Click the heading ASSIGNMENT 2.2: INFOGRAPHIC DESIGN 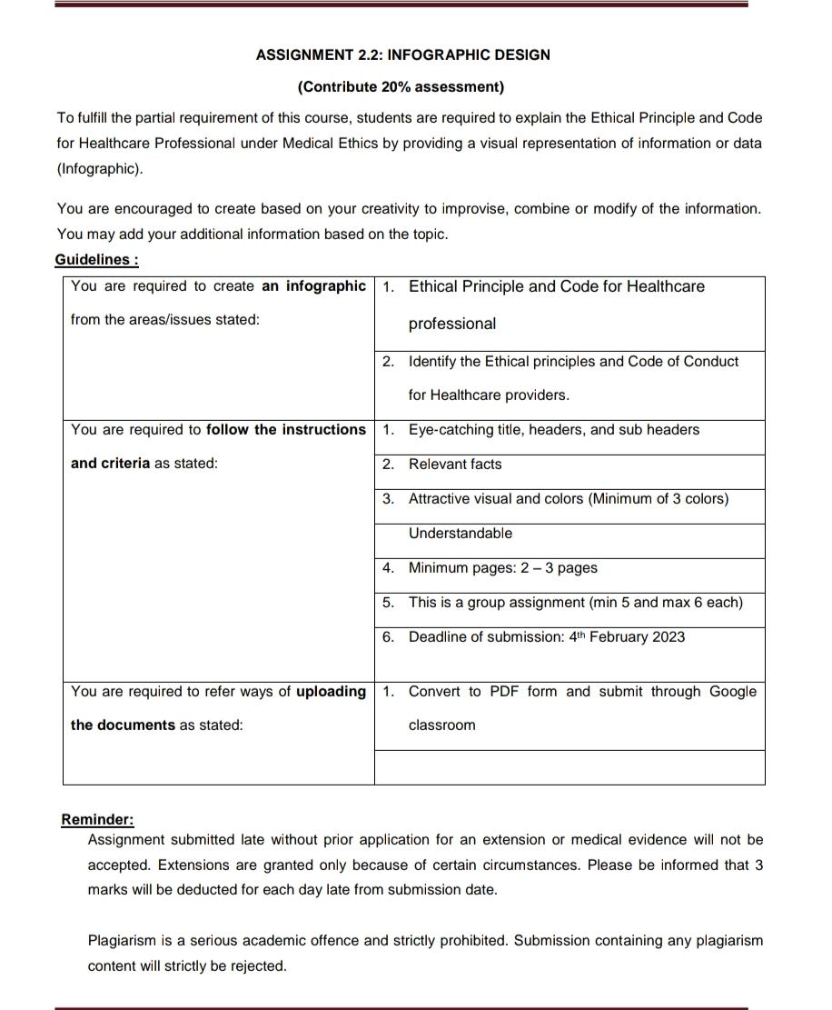pos(402,55)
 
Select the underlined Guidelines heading pos(96,260)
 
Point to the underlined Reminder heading pos(97,819)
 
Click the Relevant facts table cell pos(454,465)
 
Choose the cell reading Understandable pos(460,534)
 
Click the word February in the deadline pos(619,637)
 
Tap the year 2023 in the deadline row pos(668,637)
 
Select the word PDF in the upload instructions pos(504,692)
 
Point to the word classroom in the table pos(441,725)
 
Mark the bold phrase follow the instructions pos(286,430)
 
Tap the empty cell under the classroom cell pos(570,767)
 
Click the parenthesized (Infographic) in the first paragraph pos(100,169)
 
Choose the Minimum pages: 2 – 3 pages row pos(502,568)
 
